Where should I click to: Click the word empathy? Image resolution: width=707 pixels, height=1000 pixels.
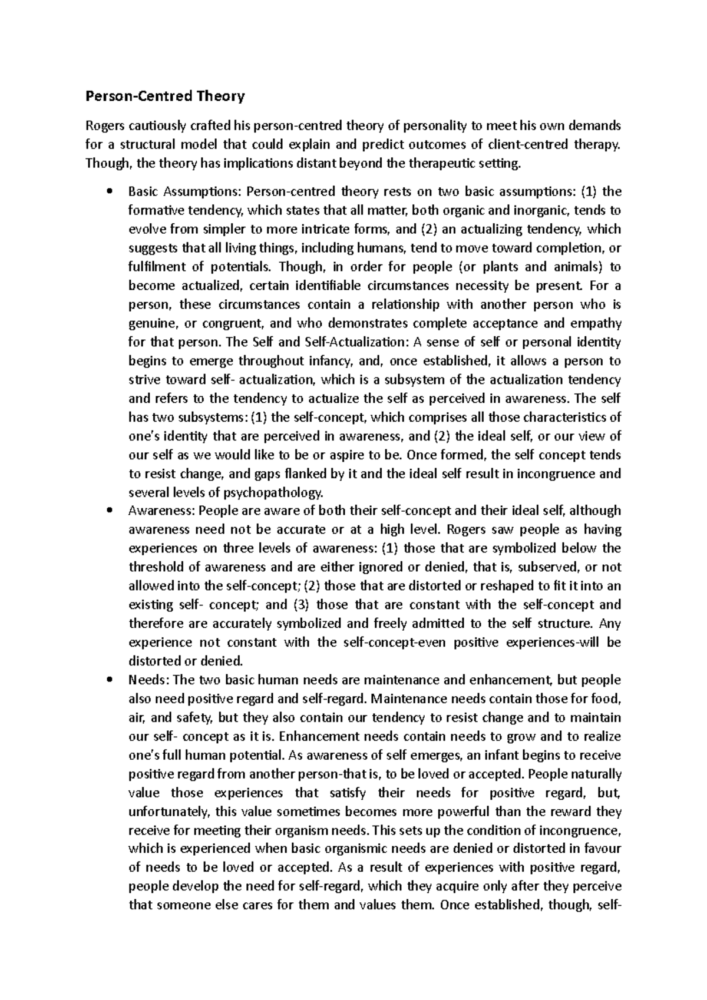599,323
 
